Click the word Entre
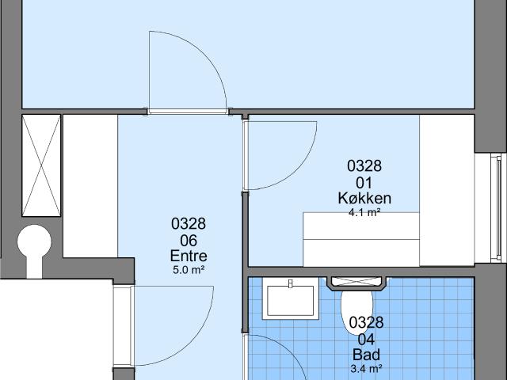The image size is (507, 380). click(x=189, y=256)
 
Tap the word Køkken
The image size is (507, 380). click(x=364, y=198)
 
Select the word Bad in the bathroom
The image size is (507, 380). click(x=366, y=355)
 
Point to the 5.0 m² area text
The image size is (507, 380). click(x=189, y=270)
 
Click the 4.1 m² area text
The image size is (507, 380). click(x=364, y=213)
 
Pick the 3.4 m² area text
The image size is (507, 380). click(x=366, y=368)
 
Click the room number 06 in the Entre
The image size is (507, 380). click(x=189, y=241)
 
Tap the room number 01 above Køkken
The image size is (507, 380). click(x=364, y=183)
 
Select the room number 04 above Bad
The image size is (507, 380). click(x=366, y=340)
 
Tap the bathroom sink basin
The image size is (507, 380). click(x=291, y=301)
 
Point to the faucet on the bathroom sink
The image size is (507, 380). click(x=291, y=283)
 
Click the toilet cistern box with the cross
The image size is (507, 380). click(x=356, y=282)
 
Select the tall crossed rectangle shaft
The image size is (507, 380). click(x=41, y=165)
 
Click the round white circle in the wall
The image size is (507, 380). click(x=34, y=241)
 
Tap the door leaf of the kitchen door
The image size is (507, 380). click(x=246, y=155)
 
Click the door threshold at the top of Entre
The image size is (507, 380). click(x=188, y=112)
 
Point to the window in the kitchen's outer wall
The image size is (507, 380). click(x=496, y=207)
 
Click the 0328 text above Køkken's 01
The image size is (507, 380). click(x=364, y=165)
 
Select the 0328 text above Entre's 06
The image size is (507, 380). click(x=189, y=223)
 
